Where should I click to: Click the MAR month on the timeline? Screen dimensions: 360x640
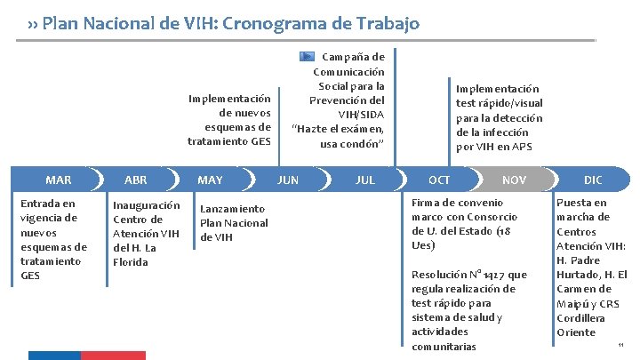[x=59, y=180]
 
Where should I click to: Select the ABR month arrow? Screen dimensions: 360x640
[x=136, y=180]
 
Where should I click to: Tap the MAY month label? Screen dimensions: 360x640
[x=211, y=180]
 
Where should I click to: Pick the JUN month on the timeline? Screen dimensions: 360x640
[x=288, y=180]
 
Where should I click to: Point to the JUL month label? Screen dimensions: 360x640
[x=364, y=180]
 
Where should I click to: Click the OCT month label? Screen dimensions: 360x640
[x=439, y=180]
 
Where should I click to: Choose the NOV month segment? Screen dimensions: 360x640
[x=515, y=180]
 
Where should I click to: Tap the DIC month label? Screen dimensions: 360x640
[x=593, y=180]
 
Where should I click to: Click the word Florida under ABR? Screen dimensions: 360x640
[x=131, y=262]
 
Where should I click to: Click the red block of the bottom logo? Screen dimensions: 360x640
[x=114, y=356]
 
